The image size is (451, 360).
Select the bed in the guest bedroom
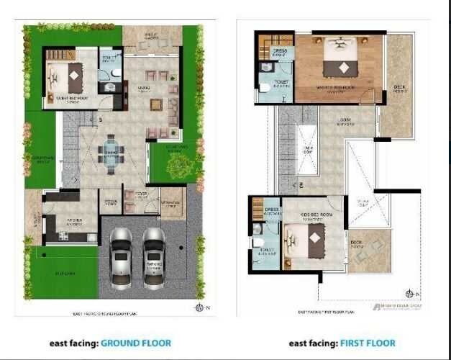pos(69,75)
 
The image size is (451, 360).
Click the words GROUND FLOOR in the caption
pos(135,343)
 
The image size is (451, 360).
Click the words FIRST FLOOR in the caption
pos(368,343)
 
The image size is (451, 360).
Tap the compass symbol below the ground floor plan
pos(199,307)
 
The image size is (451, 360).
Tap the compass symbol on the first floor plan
pos(410,293)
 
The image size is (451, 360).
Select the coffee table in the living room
pos(156,104)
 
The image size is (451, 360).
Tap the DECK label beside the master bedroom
pos(399,89)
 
